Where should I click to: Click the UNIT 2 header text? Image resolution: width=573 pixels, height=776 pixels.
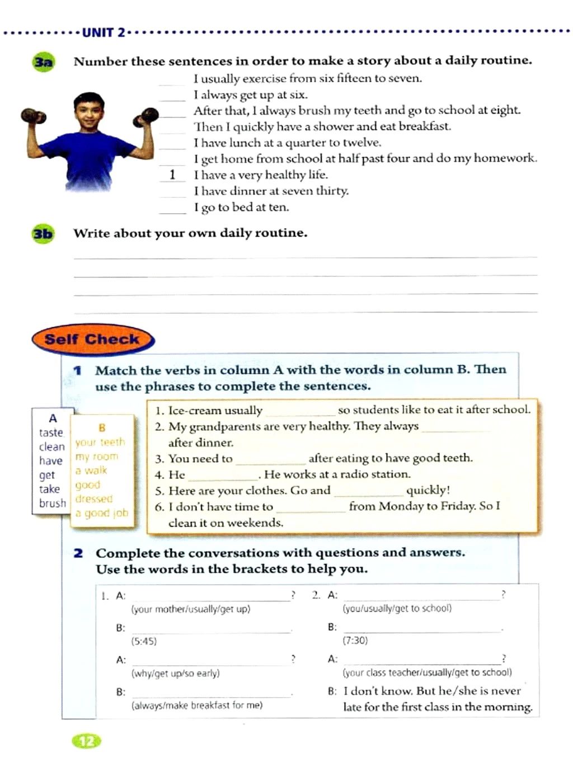click(x=104, y=32)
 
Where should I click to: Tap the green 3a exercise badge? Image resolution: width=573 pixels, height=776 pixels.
click(x=43, y=62)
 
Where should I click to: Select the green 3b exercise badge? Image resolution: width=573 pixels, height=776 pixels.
click(x=43, y=233)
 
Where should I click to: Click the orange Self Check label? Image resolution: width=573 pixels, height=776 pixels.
click(x=92, y=339)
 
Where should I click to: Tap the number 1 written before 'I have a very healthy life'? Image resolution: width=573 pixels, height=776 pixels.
click(x=172, y=175)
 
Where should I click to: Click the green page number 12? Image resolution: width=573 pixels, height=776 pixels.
click(x=87, y=741)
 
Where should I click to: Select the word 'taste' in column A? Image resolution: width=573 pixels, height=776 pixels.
click(x=51, y=432)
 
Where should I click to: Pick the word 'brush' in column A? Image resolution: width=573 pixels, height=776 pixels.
click(x=52, y=503)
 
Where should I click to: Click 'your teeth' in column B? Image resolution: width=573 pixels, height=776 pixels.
click(x=100, y=442)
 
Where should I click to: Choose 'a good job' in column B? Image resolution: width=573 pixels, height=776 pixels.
click(x=101, y=513)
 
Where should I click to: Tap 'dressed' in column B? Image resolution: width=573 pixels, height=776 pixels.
click(x=94, y=498)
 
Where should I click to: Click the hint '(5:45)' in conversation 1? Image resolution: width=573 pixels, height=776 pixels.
click(x=144, y=641)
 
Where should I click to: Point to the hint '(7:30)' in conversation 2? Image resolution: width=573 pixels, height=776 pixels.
click(x=355, y=641)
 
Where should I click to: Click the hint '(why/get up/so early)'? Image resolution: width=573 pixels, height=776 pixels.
click(x=175, y=673)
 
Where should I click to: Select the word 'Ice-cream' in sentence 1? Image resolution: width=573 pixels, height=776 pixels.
click(x=190, y=411)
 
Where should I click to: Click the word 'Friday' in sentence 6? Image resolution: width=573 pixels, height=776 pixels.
click(x=457, y=506)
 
